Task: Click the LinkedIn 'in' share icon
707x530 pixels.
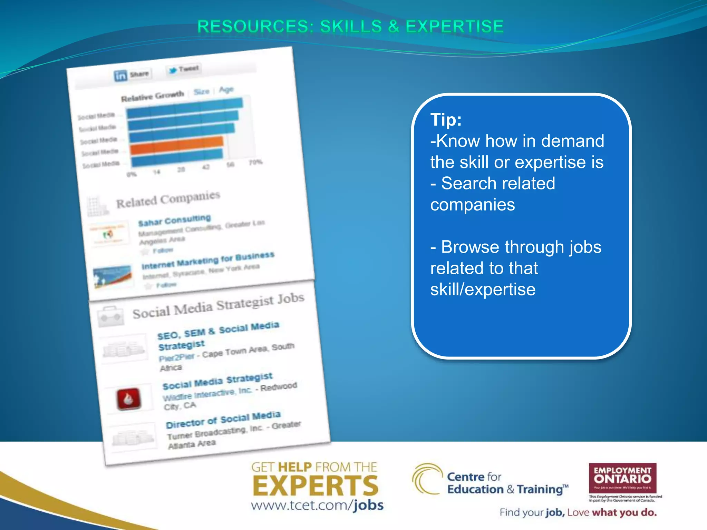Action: [120, 76]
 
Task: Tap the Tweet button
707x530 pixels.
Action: [184, 69]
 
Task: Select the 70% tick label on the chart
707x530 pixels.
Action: [256, 162]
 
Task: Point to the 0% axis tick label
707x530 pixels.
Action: [132, 174]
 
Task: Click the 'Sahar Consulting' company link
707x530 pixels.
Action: [174, 220]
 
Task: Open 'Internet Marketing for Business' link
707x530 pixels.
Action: [208, 261]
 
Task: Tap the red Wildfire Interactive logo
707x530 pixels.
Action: [129, 399]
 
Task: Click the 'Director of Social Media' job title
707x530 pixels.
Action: [223, 420]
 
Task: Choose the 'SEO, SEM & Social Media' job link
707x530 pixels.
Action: [218, 330]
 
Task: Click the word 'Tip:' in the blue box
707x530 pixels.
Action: [446, 120]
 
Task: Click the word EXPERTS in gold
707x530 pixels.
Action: [315, 485]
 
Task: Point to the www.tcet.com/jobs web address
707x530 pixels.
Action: [317, 505]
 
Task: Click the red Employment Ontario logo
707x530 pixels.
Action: [622, 478]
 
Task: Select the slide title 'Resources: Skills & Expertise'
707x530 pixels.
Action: [350, 27]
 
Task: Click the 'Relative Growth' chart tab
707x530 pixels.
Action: [152, 96]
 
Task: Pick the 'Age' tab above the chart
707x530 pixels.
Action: [226, 90]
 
